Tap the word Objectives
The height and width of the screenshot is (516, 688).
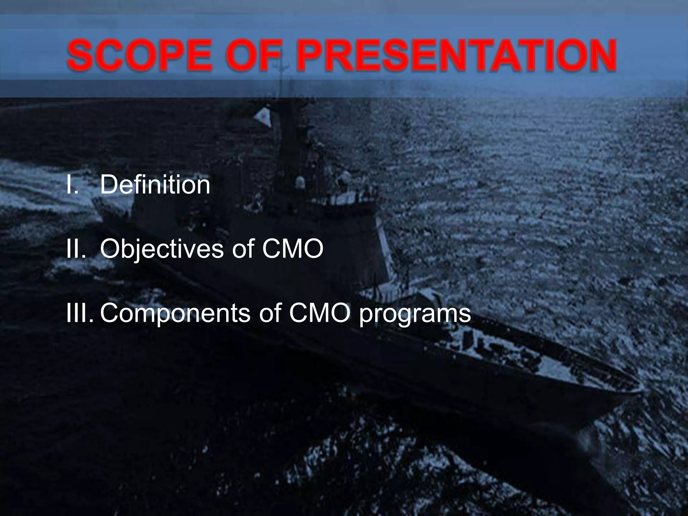pyautogui.click(x=162, y=249)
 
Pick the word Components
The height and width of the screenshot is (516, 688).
pyautogui.click(x=175, y=313)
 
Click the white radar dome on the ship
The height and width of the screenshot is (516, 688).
pyautogui.click(x=299, y=183)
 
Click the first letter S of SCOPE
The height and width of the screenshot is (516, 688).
pyautogui.click(x=79, y=55)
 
